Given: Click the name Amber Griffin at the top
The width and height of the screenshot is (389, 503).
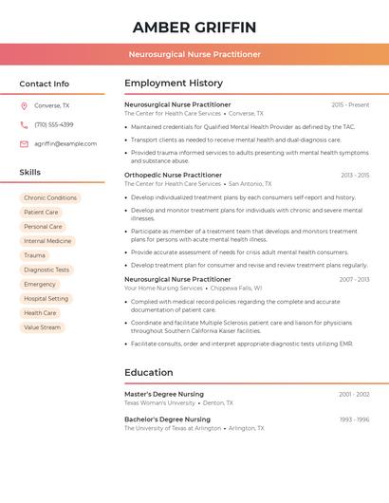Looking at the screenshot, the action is tap(194, 27).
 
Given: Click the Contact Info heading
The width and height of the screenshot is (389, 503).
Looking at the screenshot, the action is tap(45, 84).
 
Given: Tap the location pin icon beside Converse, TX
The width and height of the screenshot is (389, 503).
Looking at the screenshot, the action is tap(24, 106).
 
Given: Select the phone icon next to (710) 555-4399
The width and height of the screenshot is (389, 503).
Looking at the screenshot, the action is tap(24, 125).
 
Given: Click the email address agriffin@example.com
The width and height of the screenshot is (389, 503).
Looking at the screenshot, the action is tap(65, 144).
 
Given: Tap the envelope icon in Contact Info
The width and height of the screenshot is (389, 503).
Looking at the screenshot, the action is tap(24, 144).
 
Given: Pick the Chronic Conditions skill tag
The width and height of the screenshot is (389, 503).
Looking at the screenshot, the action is tap(50, 198).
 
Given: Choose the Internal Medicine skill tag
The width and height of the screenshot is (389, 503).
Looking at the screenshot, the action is tap(47, 241).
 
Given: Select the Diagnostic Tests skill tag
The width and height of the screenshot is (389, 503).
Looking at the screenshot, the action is tap(46, 270).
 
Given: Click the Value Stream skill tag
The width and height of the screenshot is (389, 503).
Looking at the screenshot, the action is tap(42, 327).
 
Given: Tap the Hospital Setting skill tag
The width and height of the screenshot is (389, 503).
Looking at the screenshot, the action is tap(46, 299).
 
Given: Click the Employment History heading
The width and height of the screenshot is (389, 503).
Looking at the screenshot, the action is tap(174, 84).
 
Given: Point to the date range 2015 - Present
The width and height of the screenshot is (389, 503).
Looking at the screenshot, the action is tap(350, 104).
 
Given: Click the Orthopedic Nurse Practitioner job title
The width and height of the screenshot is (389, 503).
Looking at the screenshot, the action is tap(173, 175).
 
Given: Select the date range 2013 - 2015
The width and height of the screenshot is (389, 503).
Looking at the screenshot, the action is tap(355, 175).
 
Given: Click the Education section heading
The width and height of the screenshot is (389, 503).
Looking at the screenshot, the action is tap(149, 372).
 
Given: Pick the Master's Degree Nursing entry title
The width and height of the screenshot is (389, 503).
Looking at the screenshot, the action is tap(164, 394).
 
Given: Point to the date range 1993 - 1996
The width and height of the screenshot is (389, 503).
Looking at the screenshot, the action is tap(354, 419).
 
